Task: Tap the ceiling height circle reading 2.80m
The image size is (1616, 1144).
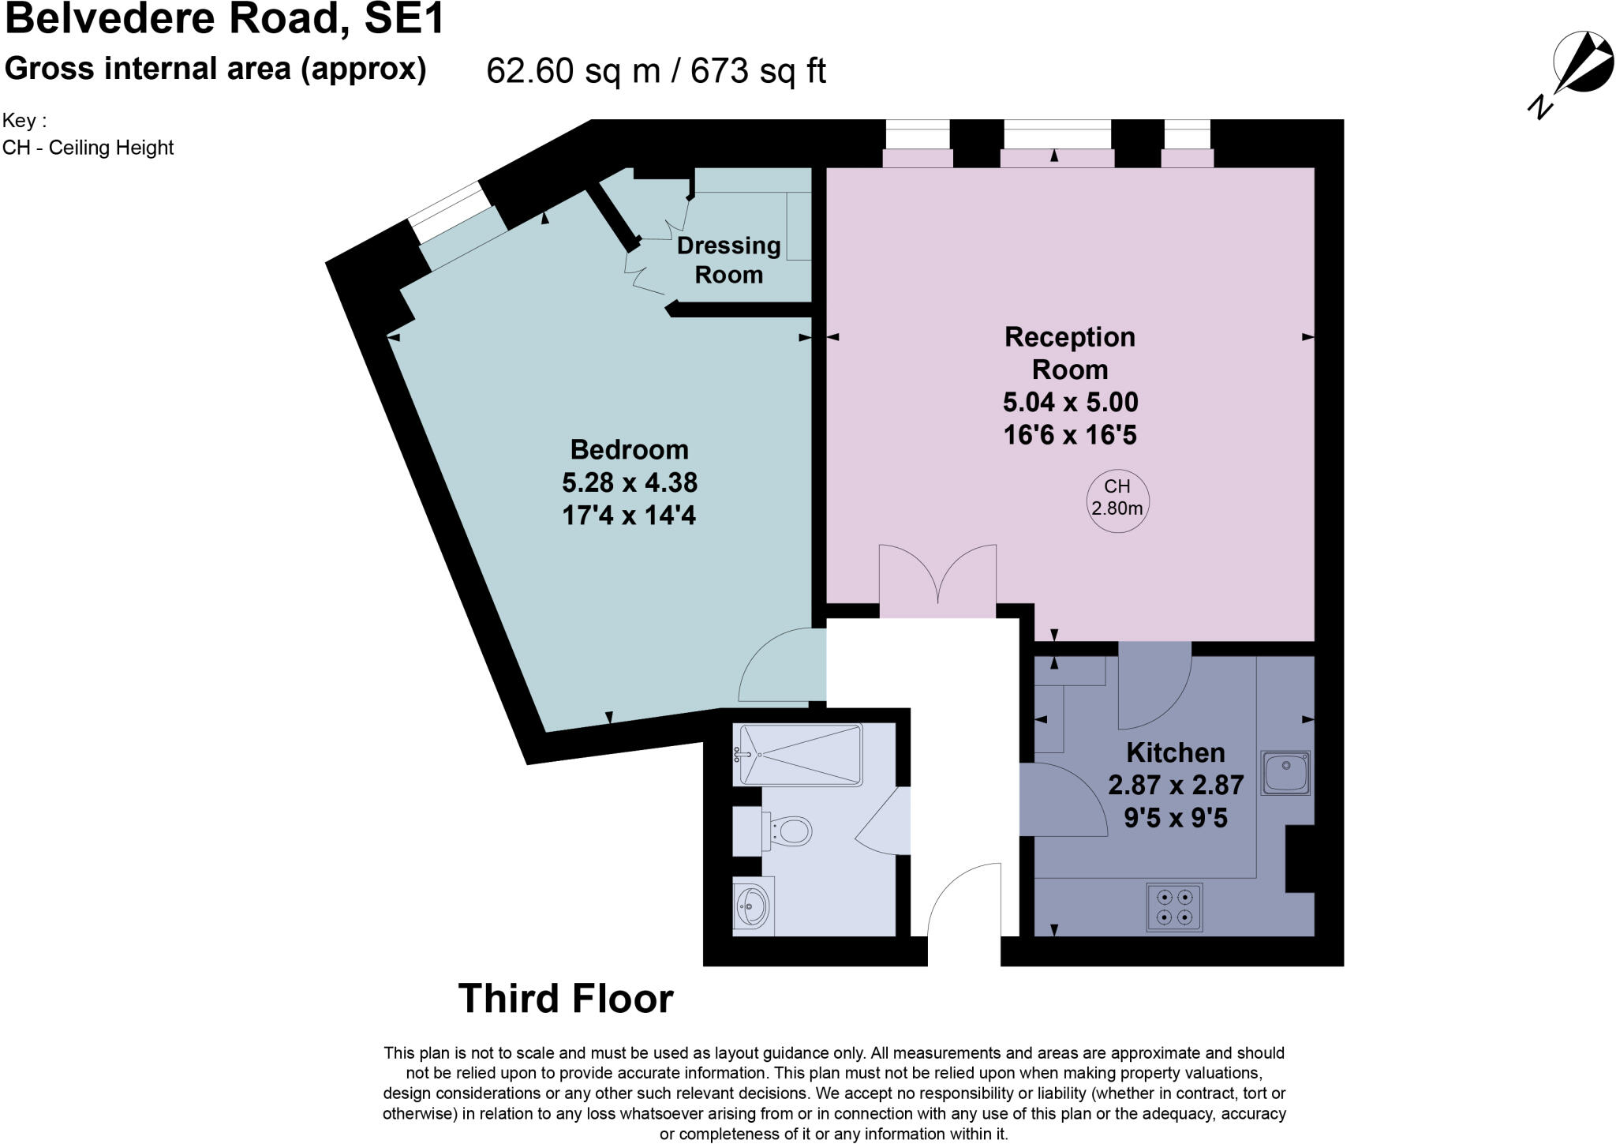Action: pos(1117,501)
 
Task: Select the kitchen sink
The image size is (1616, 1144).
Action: pos(1285,772)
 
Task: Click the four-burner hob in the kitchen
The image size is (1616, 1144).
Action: pos(1174,907)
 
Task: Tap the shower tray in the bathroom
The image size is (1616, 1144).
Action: pos(797,755)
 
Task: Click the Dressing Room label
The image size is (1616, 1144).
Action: pos(729,260)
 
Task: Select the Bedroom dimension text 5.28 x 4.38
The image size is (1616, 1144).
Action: pos(630,482)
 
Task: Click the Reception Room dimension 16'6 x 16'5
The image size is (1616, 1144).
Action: pos(1070,435)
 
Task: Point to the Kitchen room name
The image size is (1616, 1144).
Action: pos(1176,752)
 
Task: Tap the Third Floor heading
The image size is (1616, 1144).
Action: pos(566,999)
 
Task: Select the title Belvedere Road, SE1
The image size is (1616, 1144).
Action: pos(225,19)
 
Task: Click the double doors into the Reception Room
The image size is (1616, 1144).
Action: pos(937,575)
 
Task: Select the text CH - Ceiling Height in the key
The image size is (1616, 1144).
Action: pos(88,148)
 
